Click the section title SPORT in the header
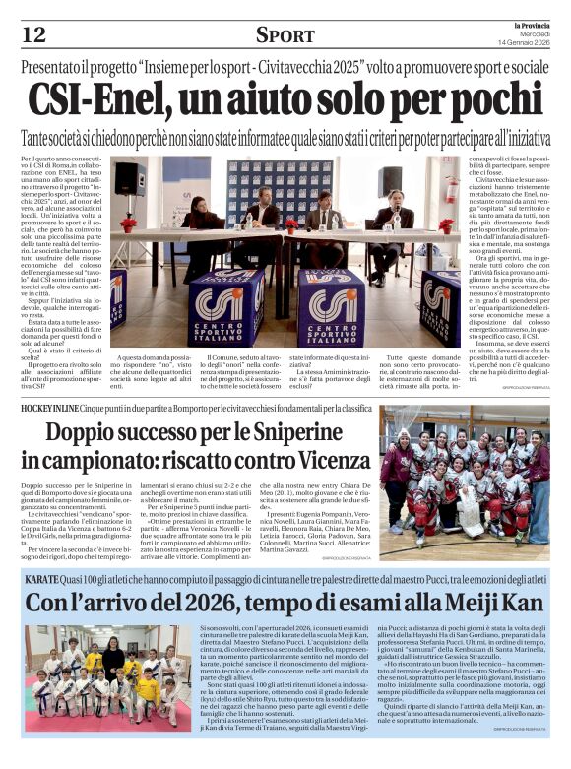285,36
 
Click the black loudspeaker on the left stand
129,178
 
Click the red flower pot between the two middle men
291,224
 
